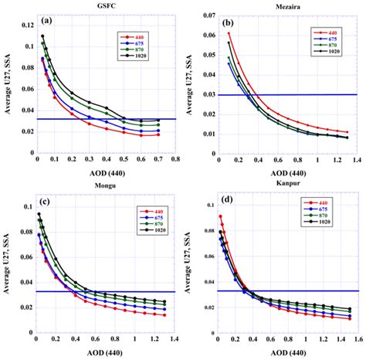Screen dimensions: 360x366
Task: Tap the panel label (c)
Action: point(46,202)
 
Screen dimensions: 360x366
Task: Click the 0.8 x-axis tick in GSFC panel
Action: point(175,158)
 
